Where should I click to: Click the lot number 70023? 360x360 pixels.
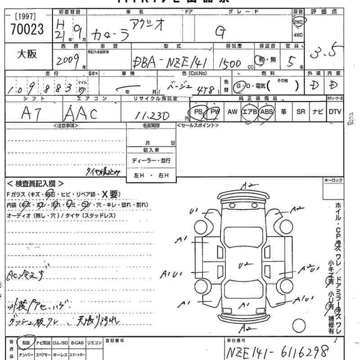click(x=27, y=30)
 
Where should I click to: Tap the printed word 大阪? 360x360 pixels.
click(x=27, y=54)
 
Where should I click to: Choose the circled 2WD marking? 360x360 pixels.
click(x=298, y=22)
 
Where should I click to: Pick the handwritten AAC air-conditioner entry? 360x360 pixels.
click(x=81, y=113)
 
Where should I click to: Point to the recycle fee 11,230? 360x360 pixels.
click(x=153, y=116)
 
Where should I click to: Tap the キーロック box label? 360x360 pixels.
click(x=333, y=180)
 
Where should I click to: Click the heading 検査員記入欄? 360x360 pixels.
click(x=36, y=184)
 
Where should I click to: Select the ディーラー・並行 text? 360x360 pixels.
click(x=151, y=161)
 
